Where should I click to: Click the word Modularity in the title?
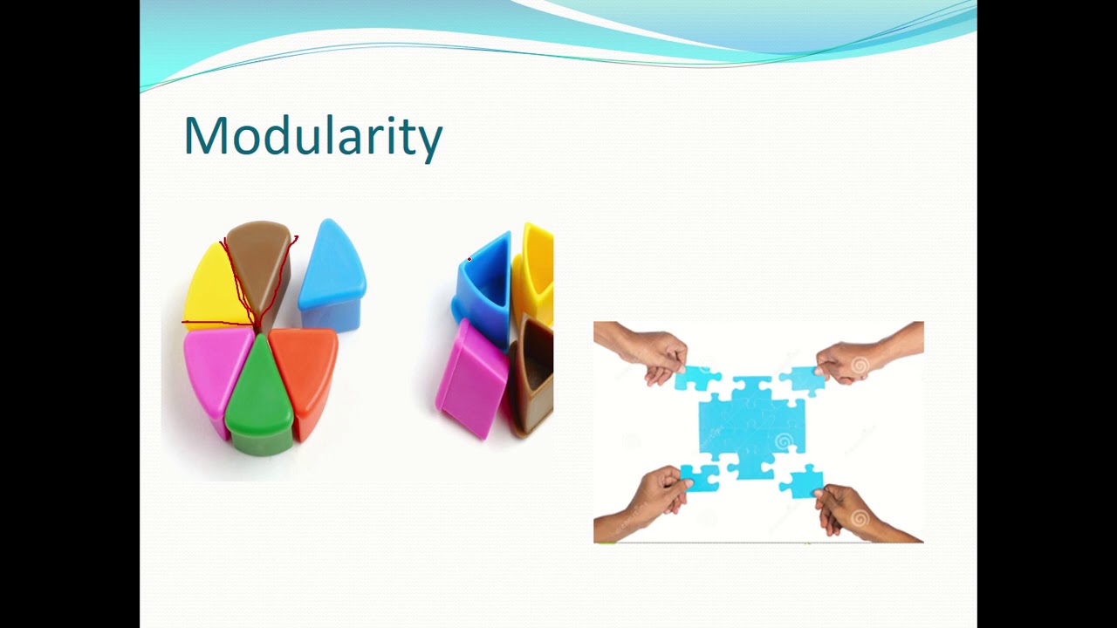[312, 137]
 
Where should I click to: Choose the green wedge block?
[260, 397]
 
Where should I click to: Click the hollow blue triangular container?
[484, 288]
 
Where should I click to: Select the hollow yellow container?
[534, 270]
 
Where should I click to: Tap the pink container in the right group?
[472, 379]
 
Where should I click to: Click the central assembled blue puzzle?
[750, 423]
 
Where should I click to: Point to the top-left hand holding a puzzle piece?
[646, 349]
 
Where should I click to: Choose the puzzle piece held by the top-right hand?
[801, 379]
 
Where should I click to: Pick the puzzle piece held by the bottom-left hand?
[700, 478]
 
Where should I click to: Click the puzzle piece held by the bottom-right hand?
[803, 481]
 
